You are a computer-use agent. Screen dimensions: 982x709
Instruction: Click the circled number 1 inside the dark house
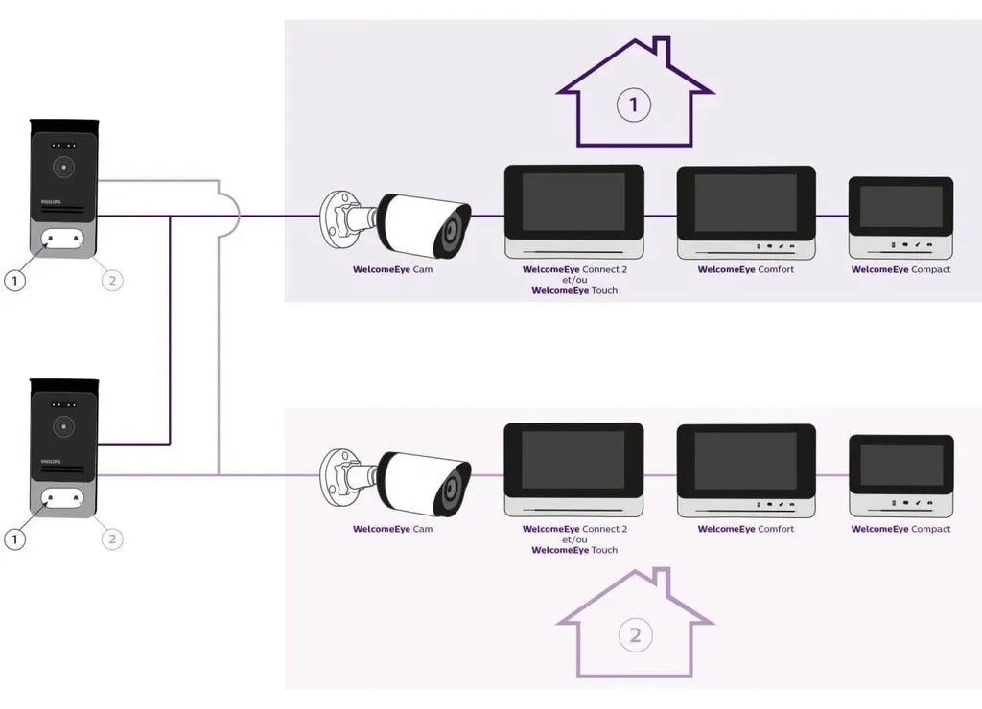pos(634,104)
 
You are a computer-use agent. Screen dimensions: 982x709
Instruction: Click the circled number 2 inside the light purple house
pos(635,635)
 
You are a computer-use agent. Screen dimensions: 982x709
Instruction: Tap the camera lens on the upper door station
pos(63,168)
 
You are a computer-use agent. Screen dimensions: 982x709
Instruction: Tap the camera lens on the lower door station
pos(63,426)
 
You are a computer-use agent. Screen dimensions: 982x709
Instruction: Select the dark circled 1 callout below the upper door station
pos(15,280)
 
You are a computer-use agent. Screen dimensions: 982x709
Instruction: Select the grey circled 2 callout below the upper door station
pos(113,280)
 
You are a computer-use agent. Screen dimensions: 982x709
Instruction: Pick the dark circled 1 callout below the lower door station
pos(15,538)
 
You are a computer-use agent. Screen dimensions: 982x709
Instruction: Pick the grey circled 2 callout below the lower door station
pos(113,538)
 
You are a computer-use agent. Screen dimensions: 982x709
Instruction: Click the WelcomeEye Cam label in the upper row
pos(392,270)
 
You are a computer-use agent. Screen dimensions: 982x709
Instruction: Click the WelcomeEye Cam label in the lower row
pos(392,529)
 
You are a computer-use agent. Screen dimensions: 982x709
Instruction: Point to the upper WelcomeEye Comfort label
pos(746,270)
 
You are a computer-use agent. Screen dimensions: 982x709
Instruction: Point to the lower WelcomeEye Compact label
pos(900,529)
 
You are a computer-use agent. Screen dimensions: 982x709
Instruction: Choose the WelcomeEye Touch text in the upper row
pos(574,290)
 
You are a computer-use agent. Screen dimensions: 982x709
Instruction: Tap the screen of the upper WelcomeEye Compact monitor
pos(900,207)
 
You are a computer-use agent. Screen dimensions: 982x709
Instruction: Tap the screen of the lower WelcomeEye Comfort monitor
pos(745,461)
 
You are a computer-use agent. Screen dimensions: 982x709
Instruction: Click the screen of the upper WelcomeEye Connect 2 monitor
pos(573,202)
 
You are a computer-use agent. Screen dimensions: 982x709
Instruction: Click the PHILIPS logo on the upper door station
pos(51,202)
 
